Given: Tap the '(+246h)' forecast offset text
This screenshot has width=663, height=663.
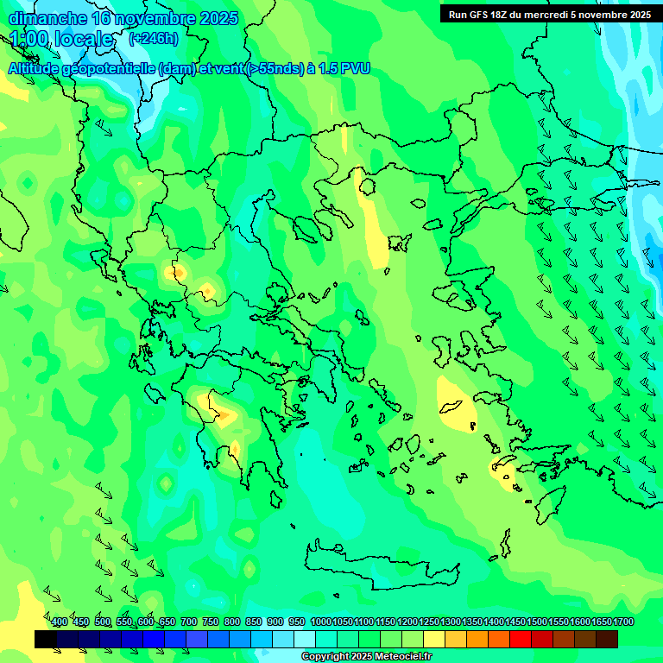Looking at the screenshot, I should click(153, 39).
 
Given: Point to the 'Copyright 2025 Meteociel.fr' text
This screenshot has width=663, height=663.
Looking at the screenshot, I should click(366, 657).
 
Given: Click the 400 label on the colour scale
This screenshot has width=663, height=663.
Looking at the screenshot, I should click(60, 622).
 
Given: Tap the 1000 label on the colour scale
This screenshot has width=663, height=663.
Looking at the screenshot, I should click(320, 622).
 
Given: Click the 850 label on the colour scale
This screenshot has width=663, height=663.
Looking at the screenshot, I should click(254, 622).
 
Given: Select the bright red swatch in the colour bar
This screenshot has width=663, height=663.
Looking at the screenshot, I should click(521, 639).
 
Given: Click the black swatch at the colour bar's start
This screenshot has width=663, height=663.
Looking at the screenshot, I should click(46, 639).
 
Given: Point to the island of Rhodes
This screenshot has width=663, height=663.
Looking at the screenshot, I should click(551, 499).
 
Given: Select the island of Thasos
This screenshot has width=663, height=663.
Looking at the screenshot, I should click(367, 186).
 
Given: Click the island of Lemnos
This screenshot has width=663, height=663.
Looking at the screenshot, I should click(398, 243).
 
